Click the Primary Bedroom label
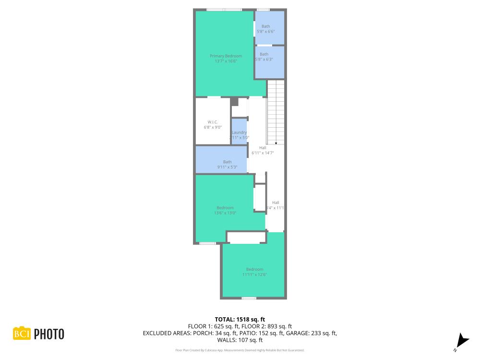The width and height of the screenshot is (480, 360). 226,56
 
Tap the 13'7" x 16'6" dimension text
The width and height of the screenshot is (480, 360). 226,61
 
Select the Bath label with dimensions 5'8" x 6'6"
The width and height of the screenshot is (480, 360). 265,26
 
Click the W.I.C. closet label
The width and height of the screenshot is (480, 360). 213,122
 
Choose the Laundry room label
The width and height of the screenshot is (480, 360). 239,132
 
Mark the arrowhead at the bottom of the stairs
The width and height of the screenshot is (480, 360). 276,142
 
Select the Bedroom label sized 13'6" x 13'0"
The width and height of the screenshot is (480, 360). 225,208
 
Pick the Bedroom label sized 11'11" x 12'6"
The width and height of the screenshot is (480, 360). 254,269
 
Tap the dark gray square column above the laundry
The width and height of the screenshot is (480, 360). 234,102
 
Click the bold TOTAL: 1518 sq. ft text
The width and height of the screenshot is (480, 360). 240,319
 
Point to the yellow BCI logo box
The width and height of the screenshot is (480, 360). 22,334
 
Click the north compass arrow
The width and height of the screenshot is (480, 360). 462,340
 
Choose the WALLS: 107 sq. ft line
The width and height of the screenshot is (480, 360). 240,340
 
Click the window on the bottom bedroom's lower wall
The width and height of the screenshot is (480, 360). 249,298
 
